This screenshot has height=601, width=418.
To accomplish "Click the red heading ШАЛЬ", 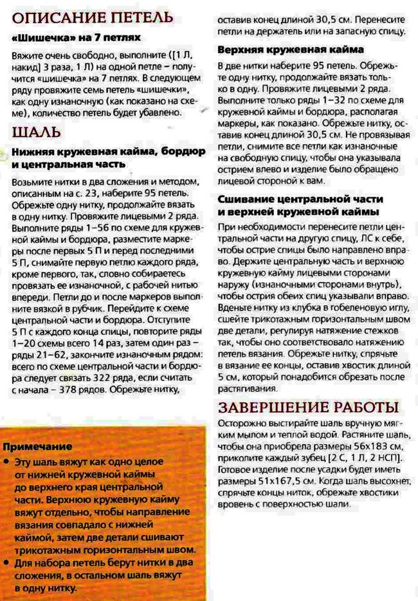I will [x=37, y=132].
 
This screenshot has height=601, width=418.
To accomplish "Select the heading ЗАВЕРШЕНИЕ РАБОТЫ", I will [x=308, y=408].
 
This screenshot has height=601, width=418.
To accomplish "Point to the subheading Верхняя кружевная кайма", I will [x=291, y=49].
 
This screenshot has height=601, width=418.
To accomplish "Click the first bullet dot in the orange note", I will [x=6, y=462].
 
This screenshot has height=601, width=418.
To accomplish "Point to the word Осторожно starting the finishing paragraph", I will [x=242, y=424].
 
